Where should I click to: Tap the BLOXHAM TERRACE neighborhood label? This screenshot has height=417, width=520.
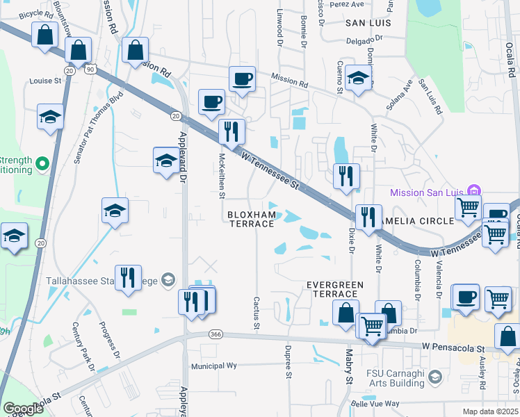point(253,220)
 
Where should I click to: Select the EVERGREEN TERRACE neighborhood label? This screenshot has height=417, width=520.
point(336,289)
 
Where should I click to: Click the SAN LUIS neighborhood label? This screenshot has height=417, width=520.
point(368,23)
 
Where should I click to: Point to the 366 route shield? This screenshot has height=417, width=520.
point(216,334)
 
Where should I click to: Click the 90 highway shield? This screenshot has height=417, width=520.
point(90,69)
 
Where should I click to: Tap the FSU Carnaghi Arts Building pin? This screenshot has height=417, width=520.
point(435,377)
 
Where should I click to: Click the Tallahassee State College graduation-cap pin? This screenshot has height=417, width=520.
point(167,280)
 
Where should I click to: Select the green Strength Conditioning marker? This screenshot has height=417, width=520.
point(42,164)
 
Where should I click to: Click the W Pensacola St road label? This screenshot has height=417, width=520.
point(453,346)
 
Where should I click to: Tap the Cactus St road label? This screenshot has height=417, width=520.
point(257,313)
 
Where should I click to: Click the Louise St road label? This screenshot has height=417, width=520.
point(46,81)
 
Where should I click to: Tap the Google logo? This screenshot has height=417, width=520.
point(23,409)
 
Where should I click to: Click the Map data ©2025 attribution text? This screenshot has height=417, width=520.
point(489,411)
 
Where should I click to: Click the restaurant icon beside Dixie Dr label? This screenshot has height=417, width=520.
point(368,217)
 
